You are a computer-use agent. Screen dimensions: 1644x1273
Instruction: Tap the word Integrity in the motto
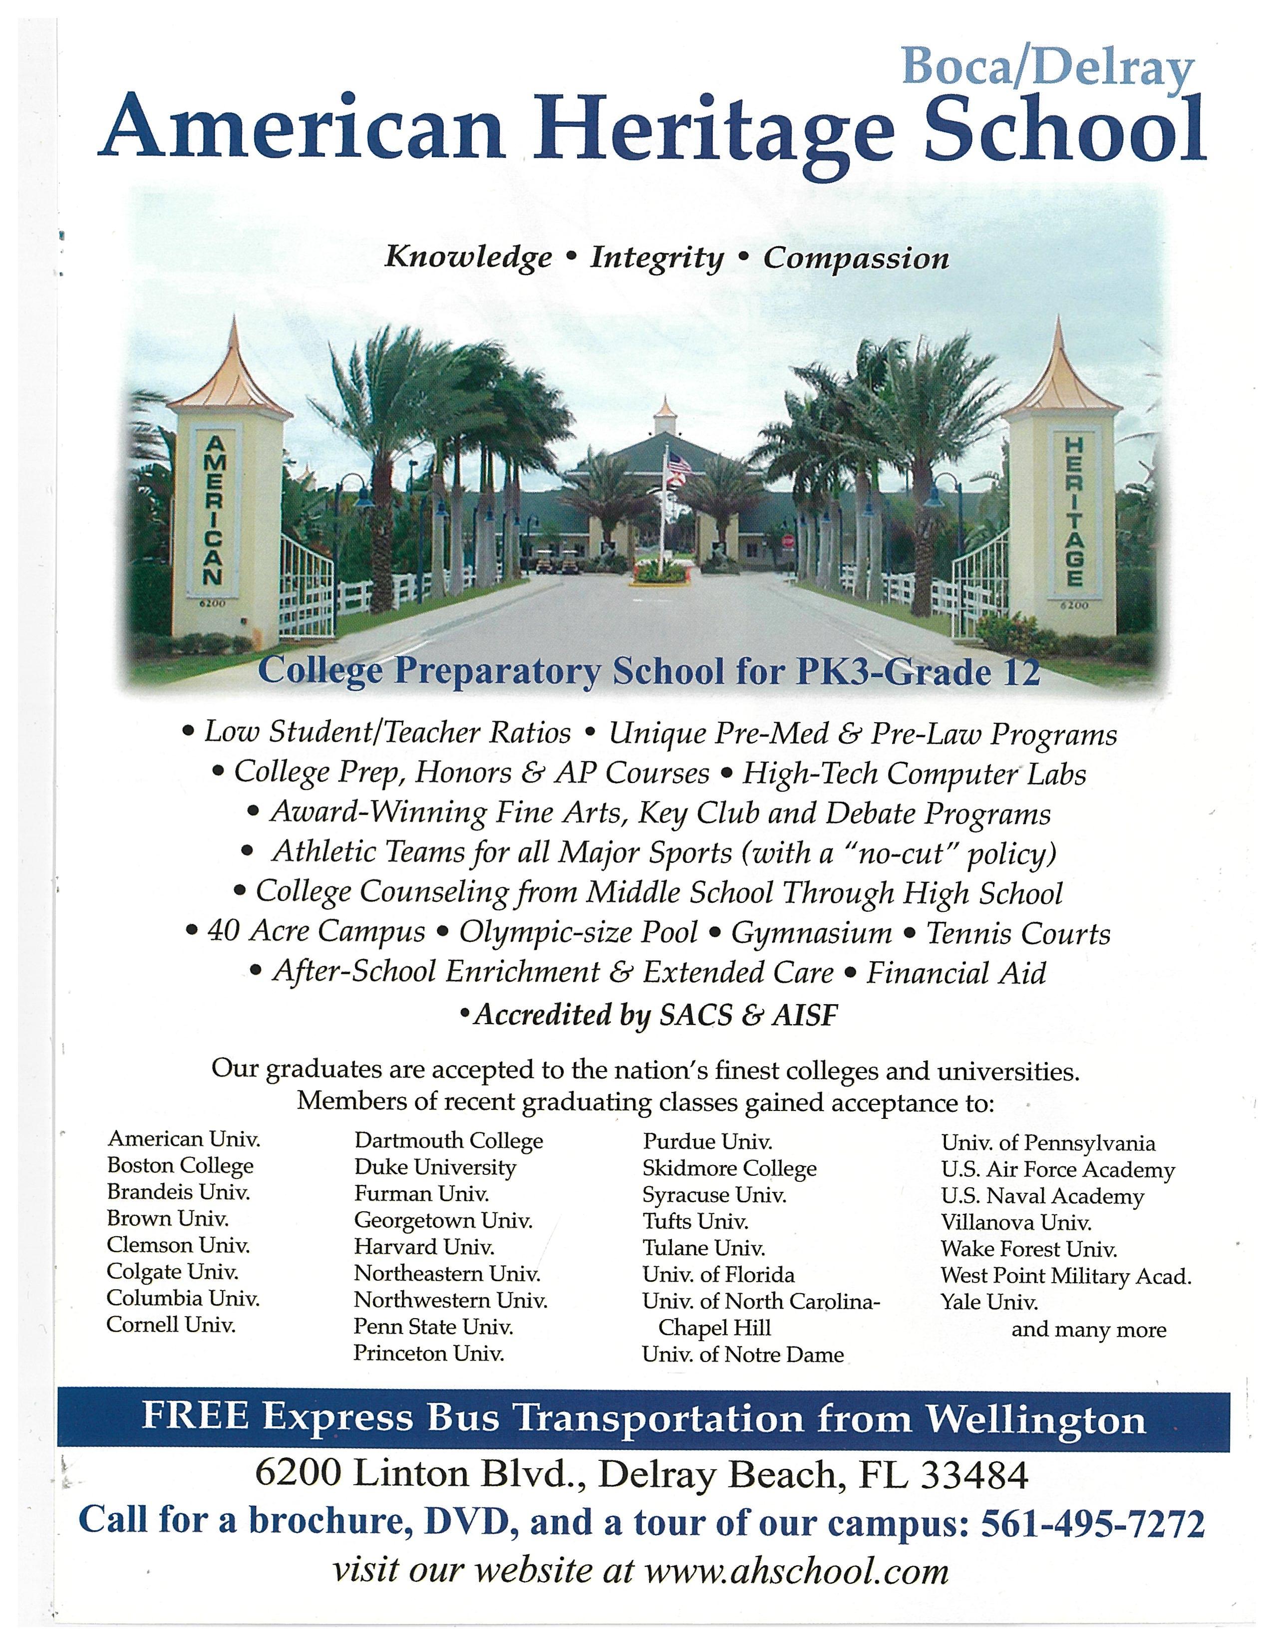[x=656, y=258]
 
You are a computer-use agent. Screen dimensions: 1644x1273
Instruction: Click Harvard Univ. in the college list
[x=424, y=1247]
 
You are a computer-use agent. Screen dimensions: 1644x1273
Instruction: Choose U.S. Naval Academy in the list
[x=1042, y=1195]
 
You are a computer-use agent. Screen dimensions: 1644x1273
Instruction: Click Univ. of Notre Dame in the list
[x=742, y=1354]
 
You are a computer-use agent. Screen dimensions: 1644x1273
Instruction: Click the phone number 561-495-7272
[x=1092, y=1523]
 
